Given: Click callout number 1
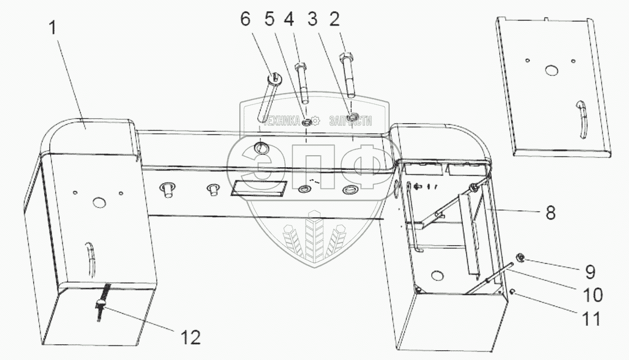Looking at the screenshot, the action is pos(52,28).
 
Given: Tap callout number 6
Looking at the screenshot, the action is pos(245,19).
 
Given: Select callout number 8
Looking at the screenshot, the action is pos(551,212).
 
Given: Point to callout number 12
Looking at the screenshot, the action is pos(191,338).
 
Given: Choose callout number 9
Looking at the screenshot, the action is pos(590,272).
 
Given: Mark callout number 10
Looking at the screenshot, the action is pos(592,295).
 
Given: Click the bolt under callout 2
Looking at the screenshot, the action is pos(348,75).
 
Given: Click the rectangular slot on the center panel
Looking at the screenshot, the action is pos(258,188).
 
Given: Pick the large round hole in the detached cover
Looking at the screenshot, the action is pos(552,71).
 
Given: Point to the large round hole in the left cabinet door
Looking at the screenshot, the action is pos(99,203).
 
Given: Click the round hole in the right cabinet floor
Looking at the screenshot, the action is pos(437,276).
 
